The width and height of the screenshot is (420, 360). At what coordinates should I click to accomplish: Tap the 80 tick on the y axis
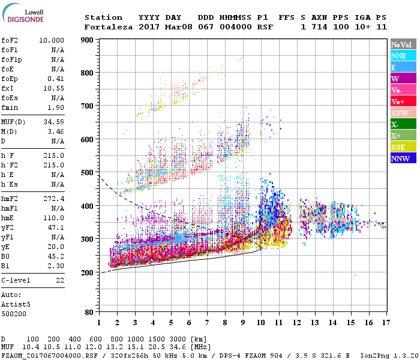pos(89,312)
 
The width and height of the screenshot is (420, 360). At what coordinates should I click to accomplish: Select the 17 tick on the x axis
pos(385,322)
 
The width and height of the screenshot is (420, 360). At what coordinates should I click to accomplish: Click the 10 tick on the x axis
pos(260,322)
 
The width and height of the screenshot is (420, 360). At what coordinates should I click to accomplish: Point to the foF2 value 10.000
pos(52,40)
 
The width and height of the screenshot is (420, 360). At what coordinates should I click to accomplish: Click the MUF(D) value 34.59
pos(53,122)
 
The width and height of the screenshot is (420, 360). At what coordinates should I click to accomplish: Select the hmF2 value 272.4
pos(53,199)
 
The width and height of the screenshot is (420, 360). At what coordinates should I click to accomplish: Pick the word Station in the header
pos(103,17)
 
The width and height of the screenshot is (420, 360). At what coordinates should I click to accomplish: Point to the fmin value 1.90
pos(56,107)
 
